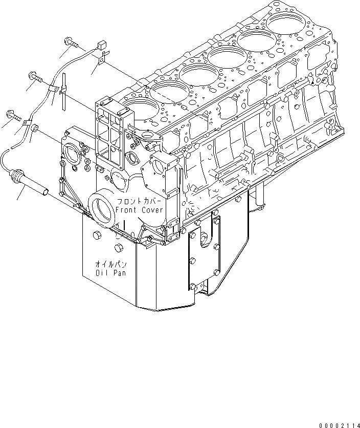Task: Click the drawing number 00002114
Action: pyautogui.click(x=339, y=424)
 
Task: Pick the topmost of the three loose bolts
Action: pyautogui.click(x=70, y=43)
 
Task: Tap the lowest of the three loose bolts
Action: pyautogui.click(x=13, y=115)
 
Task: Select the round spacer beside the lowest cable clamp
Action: pyautogui.click(x=35, y=128)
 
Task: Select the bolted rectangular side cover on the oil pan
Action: pyautogui.click(x=204, y=255)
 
